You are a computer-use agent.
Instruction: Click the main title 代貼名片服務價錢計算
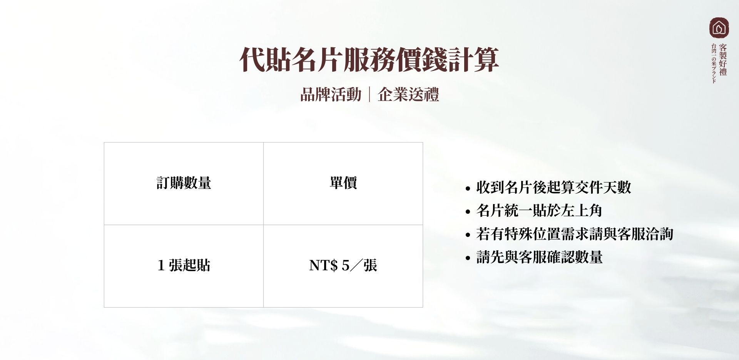click(369, 60)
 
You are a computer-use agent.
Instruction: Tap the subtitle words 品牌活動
click(331, 95)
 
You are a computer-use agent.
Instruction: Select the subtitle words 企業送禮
click(408, 95)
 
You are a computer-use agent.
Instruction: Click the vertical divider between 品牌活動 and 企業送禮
click(369, 95)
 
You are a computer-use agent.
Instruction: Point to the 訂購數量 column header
click(184, 183)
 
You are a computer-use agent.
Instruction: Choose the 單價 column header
click(343, 183)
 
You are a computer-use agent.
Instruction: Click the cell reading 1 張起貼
click(184, 265)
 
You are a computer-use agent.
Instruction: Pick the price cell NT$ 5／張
click(343, 265)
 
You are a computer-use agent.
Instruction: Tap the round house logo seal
click(719, 27)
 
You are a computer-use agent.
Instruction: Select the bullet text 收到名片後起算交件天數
click(553, 188)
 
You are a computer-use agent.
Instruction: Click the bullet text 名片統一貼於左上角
click(539, 211)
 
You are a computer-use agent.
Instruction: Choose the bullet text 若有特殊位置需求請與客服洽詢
click(575, 234)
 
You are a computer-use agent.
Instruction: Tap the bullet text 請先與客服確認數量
click(539, 257)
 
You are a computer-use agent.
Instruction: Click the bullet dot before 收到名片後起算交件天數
click(468, 189)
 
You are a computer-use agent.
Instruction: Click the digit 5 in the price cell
click(345, 265)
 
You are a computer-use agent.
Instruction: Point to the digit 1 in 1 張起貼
click(161, 265)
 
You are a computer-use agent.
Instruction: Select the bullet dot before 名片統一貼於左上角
click(468, 212)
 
